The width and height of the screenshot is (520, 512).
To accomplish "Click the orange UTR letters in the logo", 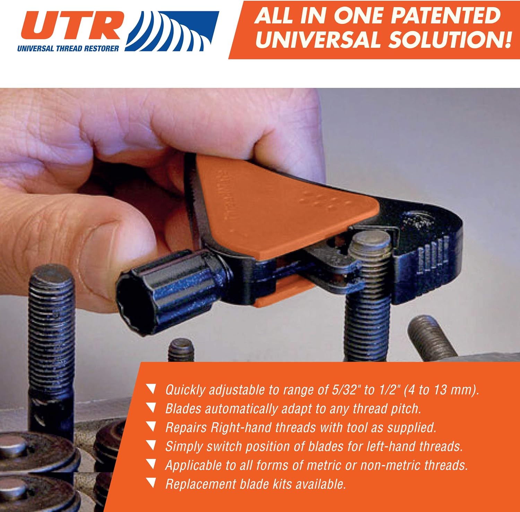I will point(71,26).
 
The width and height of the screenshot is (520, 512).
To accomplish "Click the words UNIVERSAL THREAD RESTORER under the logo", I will point(68,49).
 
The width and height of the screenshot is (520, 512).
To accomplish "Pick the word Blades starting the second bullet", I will point(183,409).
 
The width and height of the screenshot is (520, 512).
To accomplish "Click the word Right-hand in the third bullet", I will point(241,427).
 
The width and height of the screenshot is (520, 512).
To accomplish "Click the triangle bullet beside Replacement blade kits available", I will point(151,482).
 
